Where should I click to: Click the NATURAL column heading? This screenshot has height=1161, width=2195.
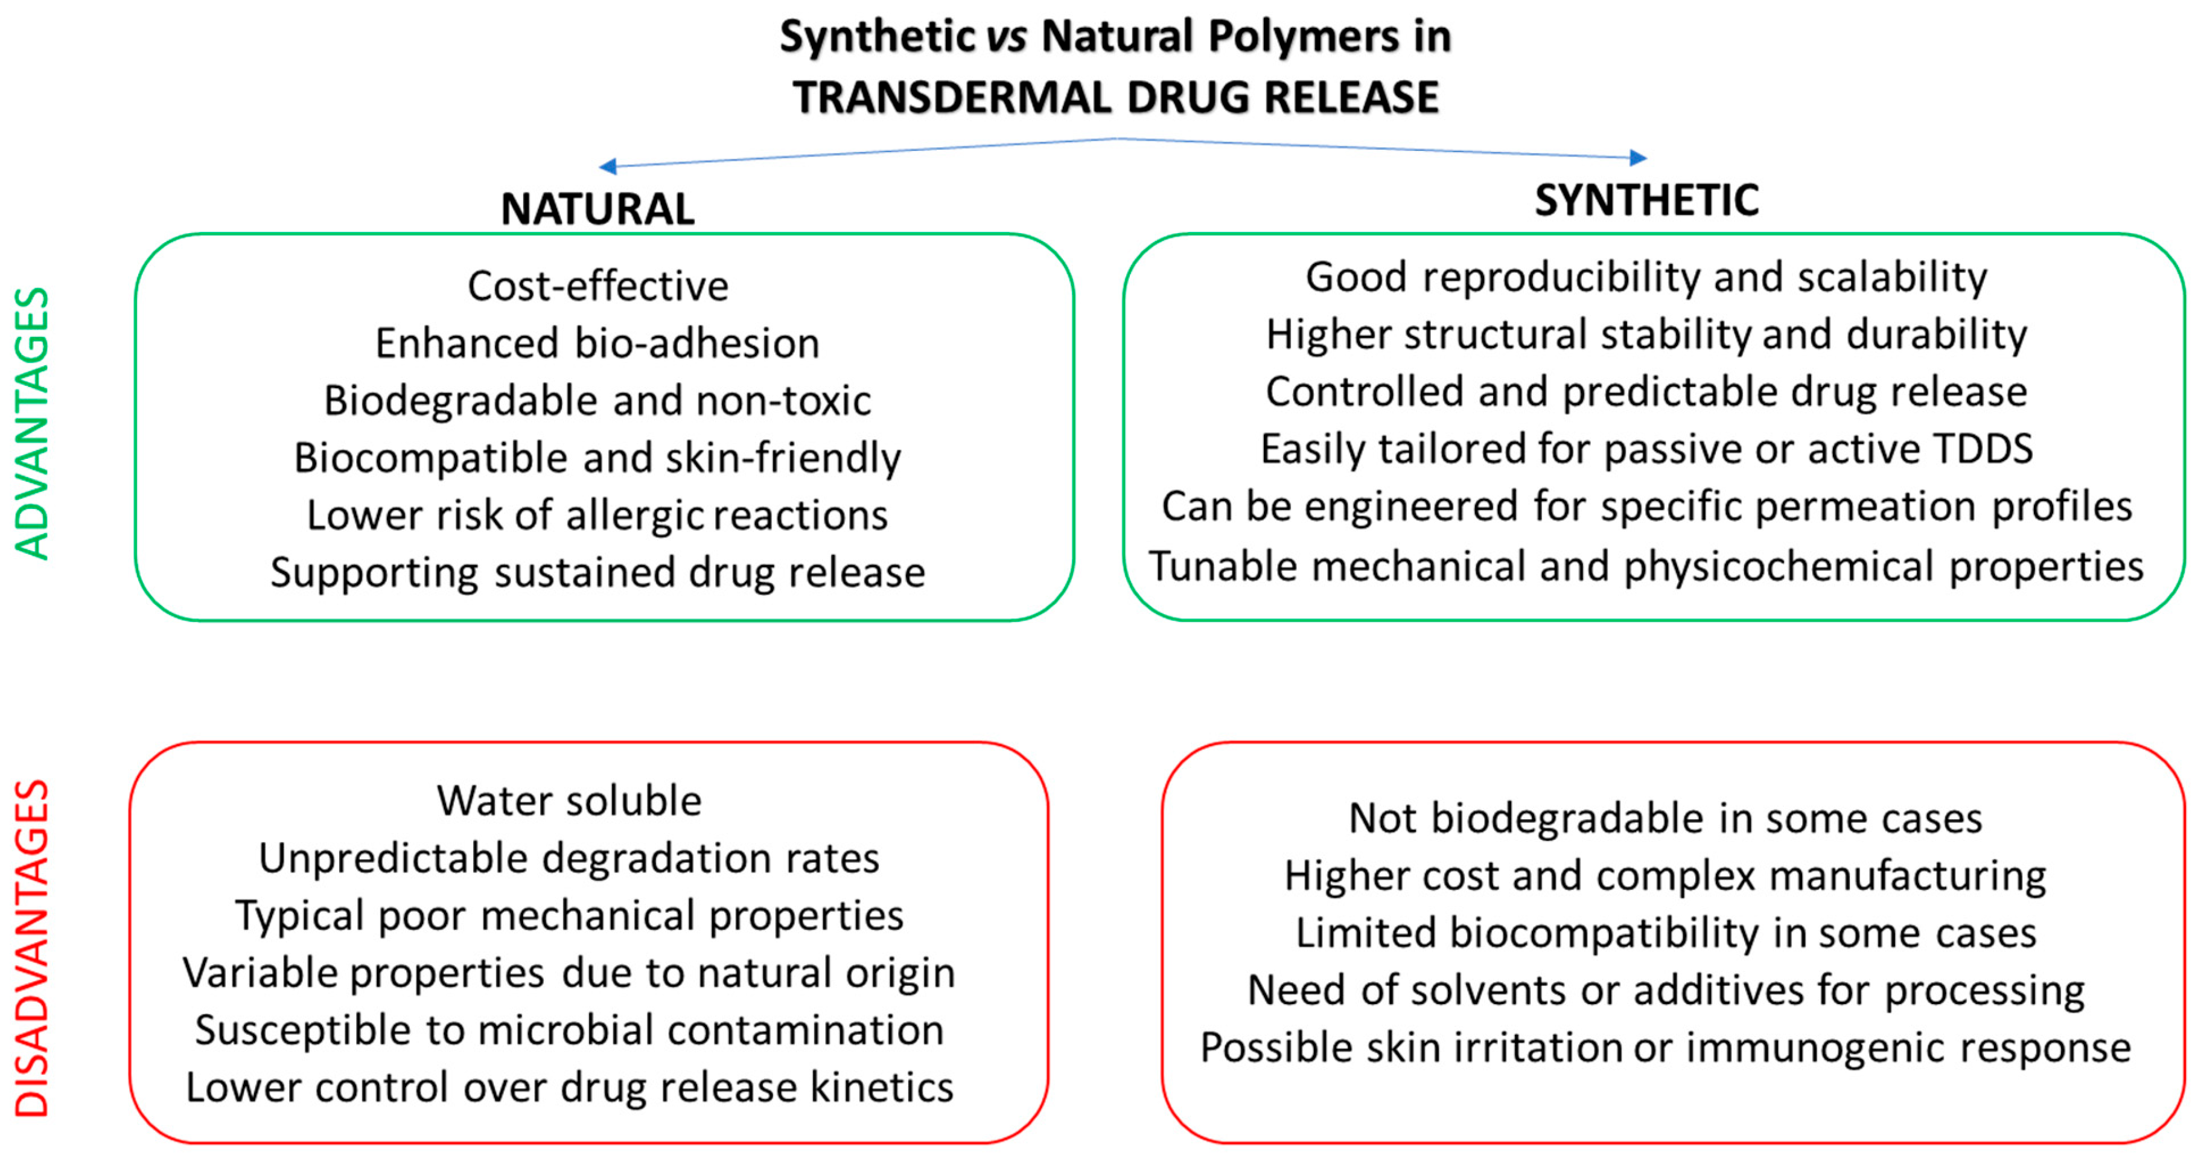(597, 209)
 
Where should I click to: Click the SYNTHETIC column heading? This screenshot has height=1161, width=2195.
(1646, 200)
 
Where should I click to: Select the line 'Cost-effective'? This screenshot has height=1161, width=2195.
(597, 286)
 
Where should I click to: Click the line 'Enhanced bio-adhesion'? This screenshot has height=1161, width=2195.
(597, 343)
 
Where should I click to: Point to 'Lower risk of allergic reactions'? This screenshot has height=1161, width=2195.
(597, 515)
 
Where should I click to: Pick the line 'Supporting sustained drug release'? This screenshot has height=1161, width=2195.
(597, 572)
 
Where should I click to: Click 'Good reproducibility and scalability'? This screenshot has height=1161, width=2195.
(1646, 277)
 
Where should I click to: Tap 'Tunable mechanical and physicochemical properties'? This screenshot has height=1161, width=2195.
(1646, 566)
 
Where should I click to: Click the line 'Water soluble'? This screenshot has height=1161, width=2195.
(569, 801)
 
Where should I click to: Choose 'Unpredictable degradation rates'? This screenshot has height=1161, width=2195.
(569, 857)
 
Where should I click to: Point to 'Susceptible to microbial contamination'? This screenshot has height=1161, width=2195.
(569, 1030)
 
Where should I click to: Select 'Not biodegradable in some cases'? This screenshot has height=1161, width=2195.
(1665, 818)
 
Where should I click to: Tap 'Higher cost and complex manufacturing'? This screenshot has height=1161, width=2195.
(1665, 875)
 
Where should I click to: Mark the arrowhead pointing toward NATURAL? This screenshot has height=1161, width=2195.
(608, 165)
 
